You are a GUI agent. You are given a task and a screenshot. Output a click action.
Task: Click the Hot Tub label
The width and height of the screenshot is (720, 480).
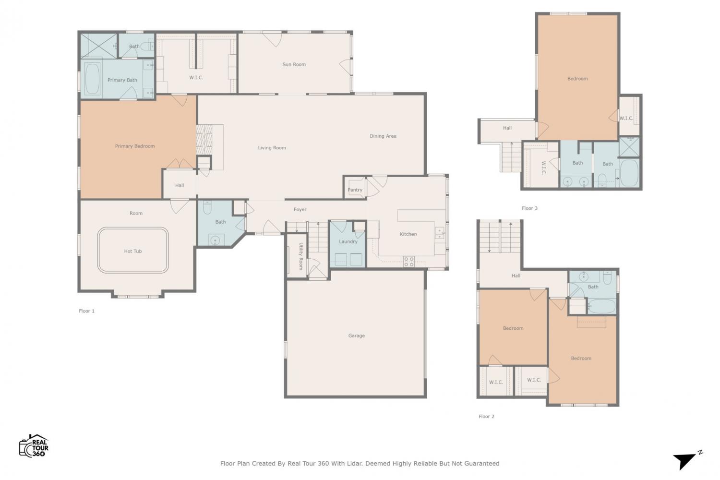tap(133, 251)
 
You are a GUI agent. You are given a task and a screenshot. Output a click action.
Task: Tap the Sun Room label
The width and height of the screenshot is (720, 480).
tap(294, 64)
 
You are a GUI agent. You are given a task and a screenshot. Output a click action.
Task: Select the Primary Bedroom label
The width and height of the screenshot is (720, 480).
tap(135, 146)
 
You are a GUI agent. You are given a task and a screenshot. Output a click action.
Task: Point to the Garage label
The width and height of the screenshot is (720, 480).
tap(357, 336)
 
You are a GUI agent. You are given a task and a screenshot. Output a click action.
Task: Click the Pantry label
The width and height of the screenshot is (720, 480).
tap(355, 190)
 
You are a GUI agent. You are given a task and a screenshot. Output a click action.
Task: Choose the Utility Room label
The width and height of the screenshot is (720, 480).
tap(301, 256)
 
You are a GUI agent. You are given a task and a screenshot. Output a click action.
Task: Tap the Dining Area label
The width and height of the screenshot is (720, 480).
tap(383, 136)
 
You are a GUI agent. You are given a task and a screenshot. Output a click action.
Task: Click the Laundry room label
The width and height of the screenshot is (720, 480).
tap(348, 241)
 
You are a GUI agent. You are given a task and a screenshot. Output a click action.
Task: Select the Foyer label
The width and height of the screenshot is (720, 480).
tap(300, 210)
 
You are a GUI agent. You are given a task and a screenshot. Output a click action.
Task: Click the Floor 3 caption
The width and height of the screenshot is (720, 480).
tap(529, 208)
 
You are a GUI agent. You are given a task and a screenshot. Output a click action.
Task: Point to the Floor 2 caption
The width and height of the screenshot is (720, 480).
tap(486, 416)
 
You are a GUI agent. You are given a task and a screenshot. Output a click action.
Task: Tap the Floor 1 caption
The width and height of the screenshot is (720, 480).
tap(86, 311)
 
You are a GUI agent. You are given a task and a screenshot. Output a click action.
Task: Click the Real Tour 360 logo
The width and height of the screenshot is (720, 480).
tap(34, 445)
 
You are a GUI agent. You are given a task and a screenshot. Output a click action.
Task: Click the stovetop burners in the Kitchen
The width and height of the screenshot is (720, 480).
tap(409, 262)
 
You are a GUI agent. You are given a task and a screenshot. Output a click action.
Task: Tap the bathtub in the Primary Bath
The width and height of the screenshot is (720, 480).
tap(93, 79)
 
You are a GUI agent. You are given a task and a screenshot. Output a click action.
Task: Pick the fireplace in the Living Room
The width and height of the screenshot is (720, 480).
tap(204, 140)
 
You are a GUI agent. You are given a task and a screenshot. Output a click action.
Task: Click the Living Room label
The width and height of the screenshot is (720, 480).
tap(272, 148)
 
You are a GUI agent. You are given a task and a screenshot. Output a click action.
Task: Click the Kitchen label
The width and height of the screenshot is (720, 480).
tap(408, 234)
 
